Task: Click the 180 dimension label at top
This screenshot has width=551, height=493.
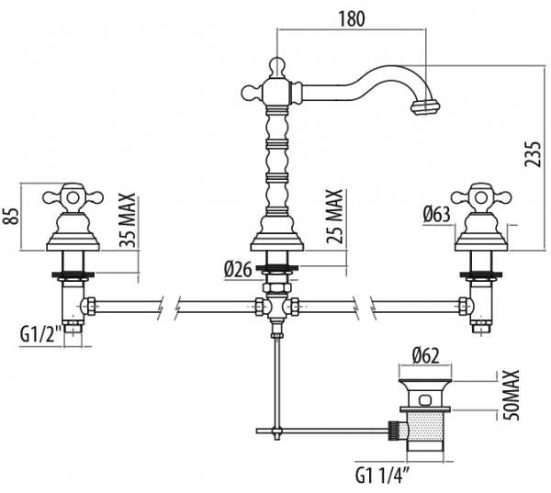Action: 352,18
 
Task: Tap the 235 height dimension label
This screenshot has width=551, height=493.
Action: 532,154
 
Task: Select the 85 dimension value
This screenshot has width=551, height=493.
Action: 10,217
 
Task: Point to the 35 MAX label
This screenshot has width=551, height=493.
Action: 127,220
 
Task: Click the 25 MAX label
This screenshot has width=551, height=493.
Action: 334,216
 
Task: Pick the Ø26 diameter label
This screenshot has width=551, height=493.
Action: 238,270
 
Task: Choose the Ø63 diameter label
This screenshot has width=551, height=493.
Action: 436,214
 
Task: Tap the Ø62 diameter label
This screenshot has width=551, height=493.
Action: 425,356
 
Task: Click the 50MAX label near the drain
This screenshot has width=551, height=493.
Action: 512,395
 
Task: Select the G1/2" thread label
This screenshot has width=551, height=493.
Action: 39,335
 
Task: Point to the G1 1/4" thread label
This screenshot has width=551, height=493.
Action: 383,476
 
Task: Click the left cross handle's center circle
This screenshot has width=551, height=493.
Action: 73,197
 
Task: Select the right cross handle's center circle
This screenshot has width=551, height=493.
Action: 481,197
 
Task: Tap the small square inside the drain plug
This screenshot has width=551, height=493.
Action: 425,400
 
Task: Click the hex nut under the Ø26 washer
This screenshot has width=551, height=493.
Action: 277,287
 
